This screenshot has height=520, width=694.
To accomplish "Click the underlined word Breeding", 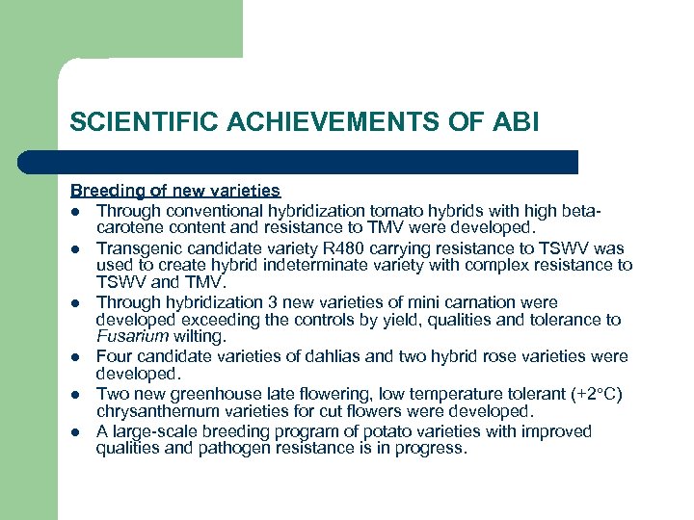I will point(104,191).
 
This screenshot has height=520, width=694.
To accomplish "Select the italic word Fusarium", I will point(132,338).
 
